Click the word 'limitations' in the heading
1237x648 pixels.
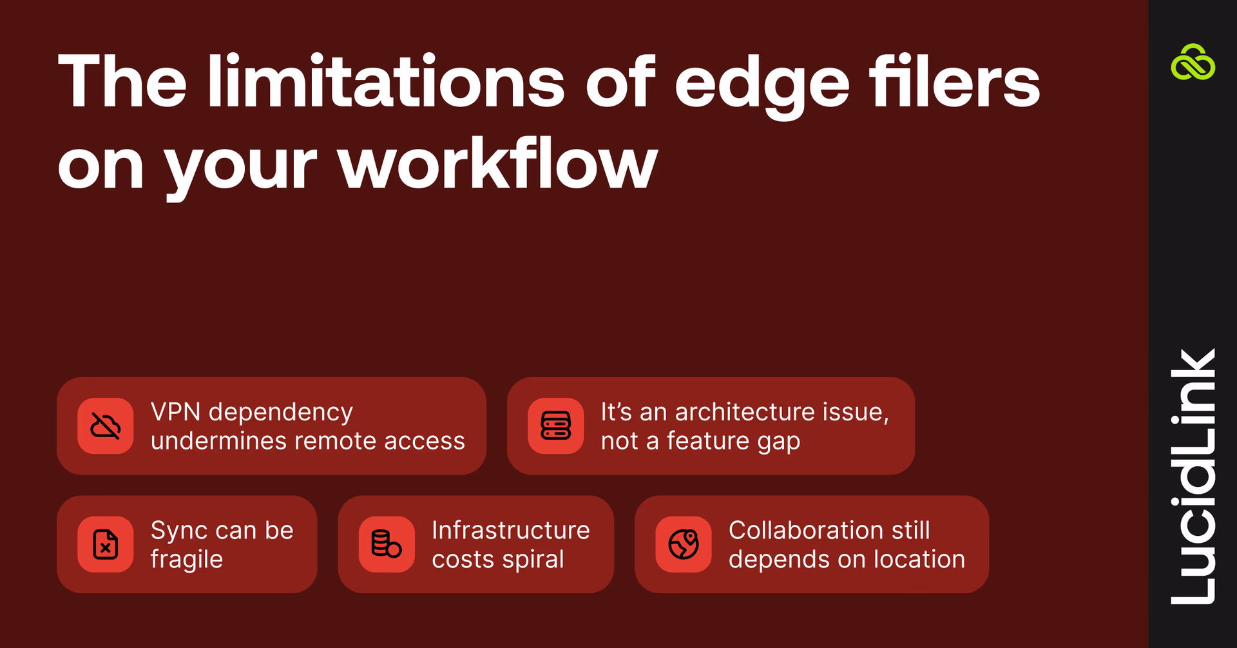point(385,83)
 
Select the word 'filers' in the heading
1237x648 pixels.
point(954,83)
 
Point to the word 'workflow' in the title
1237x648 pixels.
point(497,164)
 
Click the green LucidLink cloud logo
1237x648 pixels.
point(1193,63)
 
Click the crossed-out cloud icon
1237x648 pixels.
point(106,426)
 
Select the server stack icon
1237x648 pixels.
point(555,426)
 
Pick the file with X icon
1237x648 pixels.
point(106,544)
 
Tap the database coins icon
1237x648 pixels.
point(387,544)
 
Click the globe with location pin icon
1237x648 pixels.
point(684,544)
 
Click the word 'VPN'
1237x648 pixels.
point(175,412)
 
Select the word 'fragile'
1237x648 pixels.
point(187,560)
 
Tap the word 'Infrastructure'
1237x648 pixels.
point(511,530)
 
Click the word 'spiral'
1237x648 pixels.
point(533,560)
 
